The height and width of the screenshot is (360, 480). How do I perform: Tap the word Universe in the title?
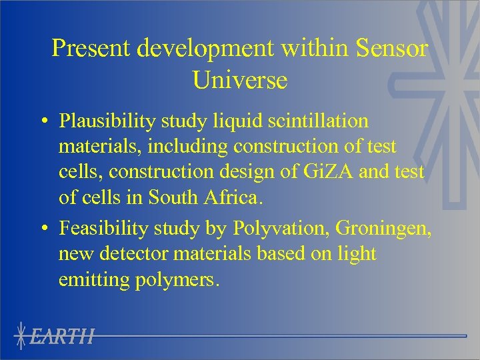(x=240, y=80)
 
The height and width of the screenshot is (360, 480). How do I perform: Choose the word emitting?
(x=94, y=279)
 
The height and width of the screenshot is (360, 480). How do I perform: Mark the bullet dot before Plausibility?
(x=43, y=122)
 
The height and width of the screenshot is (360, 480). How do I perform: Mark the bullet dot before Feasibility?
(x=43, y=229)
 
